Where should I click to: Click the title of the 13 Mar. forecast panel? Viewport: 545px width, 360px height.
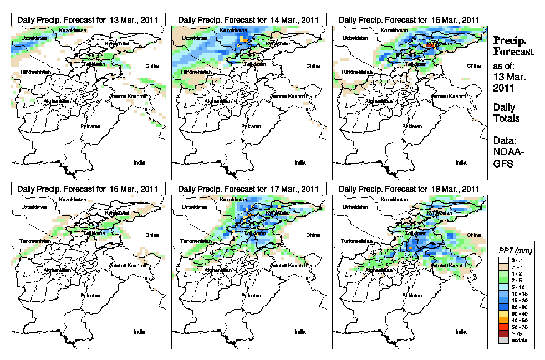[x=88, y=19]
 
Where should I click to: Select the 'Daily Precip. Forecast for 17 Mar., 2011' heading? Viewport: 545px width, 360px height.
[x=249, y=189]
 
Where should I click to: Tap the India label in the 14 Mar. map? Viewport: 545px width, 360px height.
[x=300, y=163]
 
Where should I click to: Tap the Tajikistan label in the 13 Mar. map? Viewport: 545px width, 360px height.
[x=92, y=64]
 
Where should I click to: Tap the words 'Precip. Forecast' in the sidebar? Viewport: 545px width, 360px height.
[x=513, y=46]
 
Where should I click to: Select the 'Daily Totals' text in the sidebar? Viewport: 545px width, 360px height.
[x=506, y=113]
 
